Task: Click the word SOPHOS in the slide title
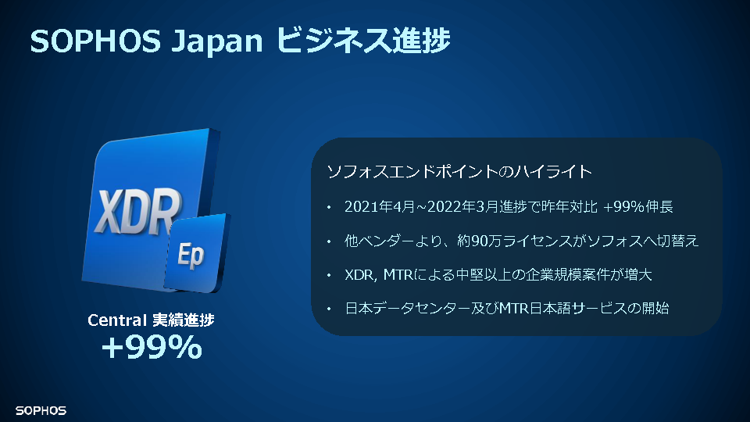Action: pos(95,41)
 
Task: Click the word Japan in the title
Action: pos(217,42)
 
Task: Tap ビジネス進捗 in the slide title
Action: pos(363,40)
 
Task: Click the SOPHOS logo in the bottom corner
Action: pos(41,410)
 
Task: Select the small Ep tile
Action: pos(197,253)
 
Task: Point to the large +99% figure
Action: pos(152,347)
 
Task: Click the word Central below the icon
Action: pos(116,320)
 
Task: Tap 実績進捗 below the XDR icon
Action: pos(183,320)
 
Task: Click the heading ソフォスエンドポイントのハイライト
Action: pos(459,171)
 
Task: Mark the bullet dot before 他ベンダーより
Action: pos(329,241)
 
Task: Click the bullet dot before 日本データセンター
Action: pos(329,309)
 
